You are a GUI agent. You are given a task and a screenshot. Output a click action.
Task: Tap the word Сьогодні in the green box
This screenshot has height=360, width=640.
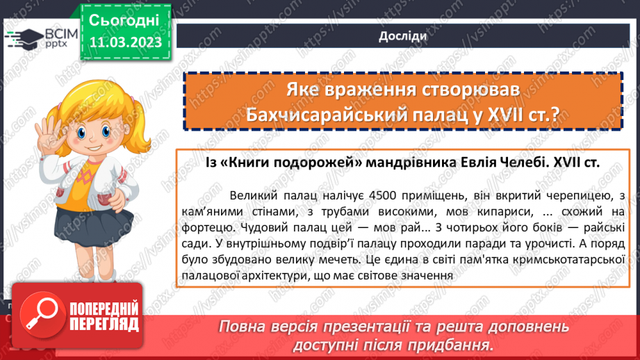click(x=124, y=19)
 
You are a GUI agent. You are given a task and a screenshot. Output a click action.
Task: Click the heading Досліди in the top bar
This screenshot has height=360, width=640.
click(x=399, y=36)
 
